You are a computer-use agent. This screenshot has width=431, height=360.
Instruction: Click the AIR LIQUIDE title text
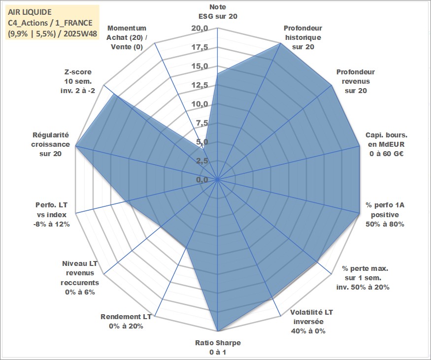click(x=29, y=11)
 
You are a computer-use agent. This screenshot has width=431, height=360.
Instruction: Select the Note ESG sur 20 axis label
click(x=217, y=11)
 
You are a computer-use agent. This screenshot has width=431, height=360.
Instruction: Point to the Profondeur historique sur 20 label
click(x=302, y=37)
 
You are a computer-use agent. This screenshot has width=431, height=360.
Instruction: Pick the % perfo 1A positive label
click(x=385, y=215)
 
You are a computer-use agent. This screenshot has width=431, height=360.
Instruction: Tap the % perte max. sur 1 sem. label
click(x=363, y=278)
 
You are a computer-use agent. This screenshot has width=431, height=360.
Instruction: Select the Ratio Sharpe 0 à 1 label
click(x=217, y=347)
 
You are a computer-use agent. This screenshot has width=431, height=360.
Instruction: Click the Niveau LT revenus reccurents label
click(x=80, y=278)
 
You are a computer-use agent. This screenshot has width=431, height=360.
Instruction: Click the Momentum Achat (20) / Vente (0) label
click(x=127, y=37)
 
